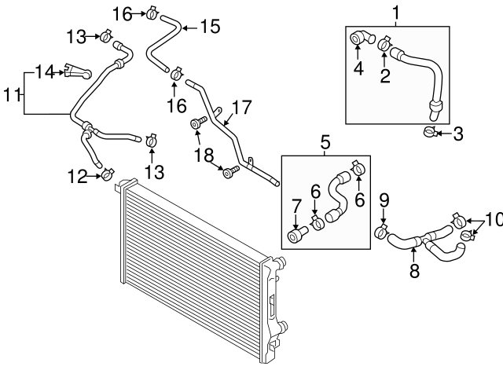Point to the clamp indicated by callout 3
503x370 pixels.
coord(429,132)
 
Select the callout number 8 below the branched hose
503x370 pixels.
coord(414,272)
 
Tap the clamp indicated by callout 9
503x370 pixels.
coord(382,232)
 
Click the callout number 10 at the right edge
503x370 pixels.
coord(492,221)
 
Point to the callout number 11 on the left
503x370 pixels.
coord(10,95)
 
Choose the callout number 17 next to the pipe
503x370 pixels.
coord(240,104)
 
